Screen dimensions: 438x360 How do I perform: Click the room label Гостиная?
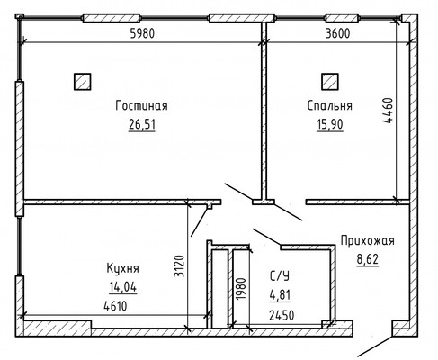pyautogui.click(x=141, y=106)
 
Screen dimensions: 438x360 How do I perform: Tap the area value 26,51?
pyautogui.click(x=142, y=124)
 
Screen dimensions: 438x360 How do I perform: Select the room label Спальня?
pyautogui.click(x=330, y=106)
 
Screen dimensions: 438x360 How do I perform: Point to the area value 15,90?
pyautogui.click(x=330, y=124)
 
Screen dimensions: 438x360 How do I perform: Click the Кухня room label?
pyautogui.click(x=123, y=268)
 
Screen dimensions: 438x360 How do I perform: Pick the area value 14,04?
pyautogui.click(x=123, y=287)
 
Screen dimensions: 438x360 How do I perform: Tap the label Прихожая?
pyautogui.click(x=368, y=241)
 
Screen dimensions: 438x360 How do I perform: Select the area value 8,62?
pyautogui.click(x=368, y=259)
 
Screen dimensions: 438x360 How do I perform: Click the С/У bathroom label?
pyautogui.click(x=280, y=276)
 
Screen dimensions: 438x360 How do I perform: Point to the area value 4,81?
pyautogui.click(x=280, y=295)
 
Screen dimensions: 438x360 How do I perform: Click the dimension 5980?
pyautogui.click(x=142, y=33)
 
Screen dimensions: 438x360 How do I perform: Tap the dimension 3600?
pyautogui.click(x=338, y=33)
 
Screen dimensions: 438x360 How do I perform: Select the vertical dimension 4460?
pyautogui.click(x=387, y=111)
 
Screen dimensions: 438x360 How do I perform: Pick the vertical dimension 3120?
pyautogui.click(x=179, y=266)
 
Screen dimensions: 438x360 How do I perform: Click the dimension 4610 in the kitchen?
pyautogui.click(x=115, y=306)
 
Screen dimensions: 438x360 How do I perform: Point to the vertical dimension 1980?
pyautogui.click(x=241, y=288)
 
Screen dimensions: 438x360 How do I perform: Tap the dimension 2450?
pyautogui.click(x=282, y=315)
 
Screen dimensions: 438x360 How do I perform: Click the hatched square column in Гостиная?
pyautogui.click(x=83, y=82)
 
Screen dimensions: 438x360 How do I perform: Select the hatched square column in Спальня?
pyautogui.click(x=330, y=82)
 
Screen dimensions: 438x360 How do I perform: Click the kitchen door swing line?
pyautogui.click(x=200, y=220)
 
